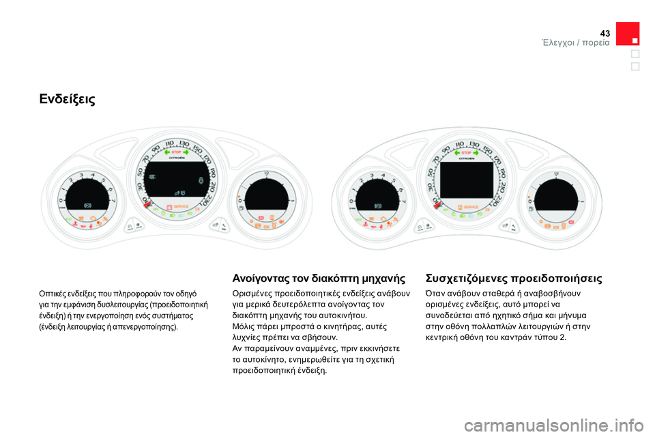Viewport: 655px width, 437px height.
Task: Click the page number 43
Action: click(605, 33)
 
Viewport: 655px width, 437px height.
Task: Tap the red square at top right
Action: click(627, 34)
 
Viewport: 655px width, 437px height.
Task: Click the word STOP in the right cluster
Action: click(466, 152)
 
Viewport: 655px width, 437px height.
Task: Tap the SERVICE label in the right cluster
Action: click(471, 206)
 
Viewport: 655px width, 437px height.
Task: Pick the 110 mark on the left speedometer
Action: click(168, 143)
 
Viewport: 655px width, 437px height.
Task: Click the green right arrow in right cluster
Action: click(479, 152)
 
